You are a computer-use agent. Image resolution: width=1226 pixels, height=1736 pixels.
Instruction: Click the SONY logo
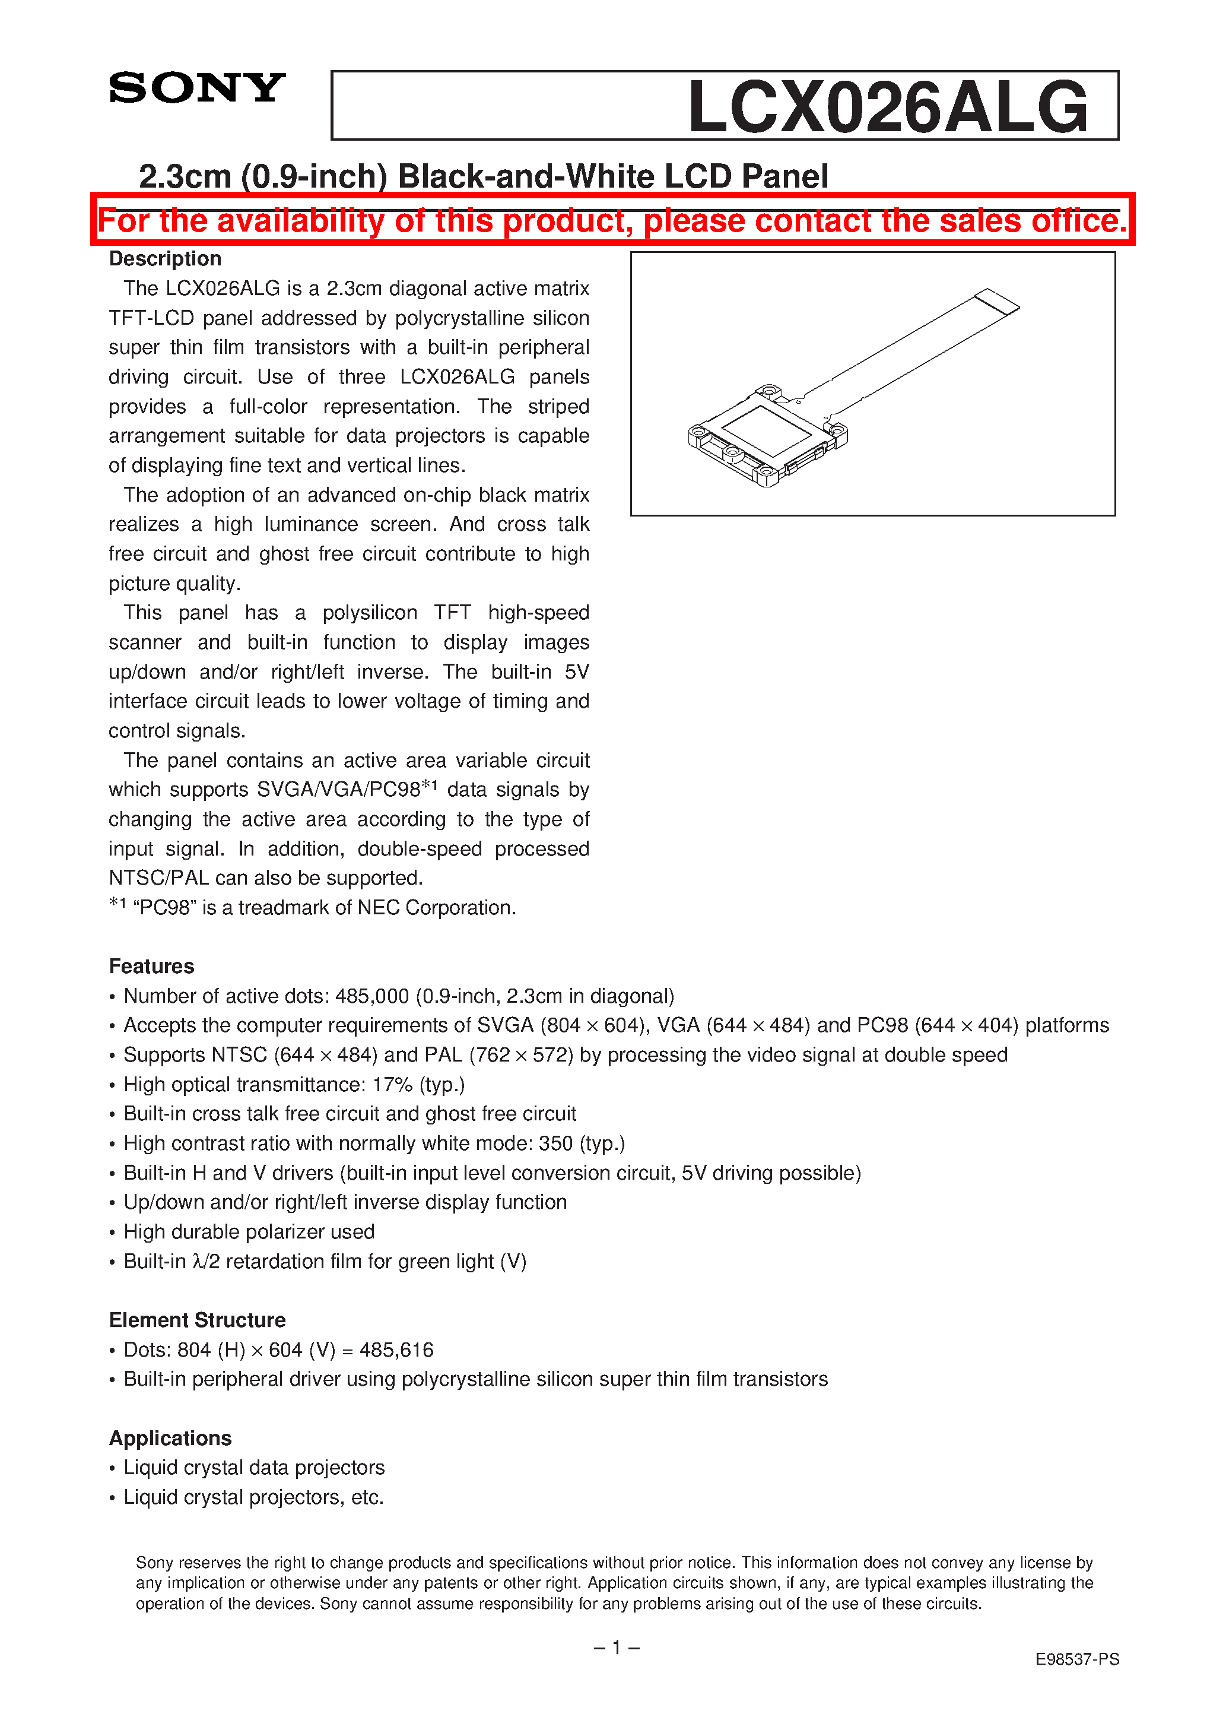(196, 88)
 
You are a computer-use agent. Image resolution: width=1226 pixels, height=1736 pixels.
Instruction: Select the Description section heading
(165, 259)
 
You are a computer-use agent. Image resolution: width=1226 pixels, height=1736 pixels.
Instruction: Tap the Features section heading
(151, 967)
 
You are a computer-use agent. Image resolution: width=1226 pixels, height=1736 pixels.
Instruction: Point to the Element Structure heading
(197, 1320)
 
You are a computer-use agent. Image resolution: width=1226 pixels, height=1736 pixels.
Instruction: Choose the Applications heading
(170, 1438)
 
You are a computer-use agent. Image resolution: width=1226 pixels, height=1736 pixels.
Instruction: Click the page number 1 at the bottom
(616, 1647)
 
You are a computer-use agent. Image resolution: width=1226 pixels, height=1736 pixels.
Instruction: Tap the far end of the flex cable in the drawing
(997, 301)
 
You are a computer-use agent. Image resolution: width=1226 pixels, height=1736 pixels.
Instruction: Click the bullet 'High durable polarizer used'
(249, 1233)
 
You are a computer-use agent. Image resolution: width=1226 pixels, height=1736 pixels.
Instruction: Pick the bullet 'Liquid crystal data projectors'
(254, 1468)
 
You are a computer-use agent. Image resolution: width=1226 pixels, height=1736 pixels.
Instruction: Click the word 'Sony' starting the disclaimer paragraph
(154, 1563)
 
